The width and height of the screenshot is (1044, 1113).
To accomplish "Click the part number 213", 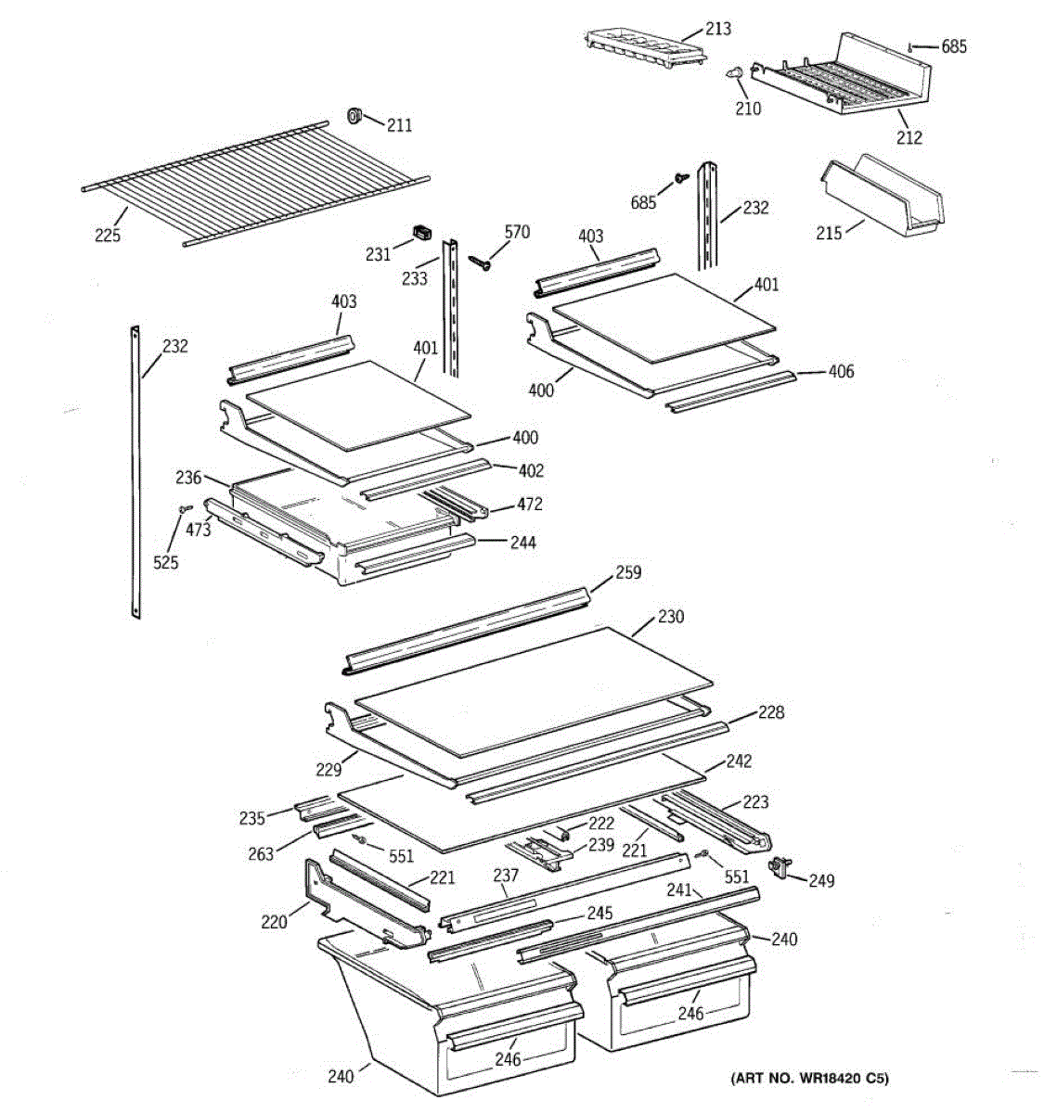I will coord(717,29).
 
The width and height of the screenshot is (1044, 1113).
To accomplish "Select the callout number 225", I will coord(108,236).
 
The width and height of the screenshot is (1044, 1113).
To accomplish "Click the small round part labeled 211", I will coord(354,115).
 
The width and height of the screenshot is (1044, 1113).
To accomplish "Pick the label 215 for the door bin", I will coord(829,232).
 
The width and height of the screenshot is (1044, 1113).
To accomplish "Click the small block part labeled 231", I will coord(423,233).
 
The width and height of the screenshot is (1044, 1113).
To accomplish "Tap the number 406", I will coord(841,372).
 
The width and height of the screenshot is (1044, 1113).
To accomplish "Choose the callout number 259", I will coord(628,572).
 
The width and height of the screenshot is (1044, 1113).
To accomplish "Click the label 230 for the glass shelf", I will coord(671,616).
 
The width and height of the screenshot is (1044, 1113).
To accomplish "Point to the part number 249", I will coord(821,880).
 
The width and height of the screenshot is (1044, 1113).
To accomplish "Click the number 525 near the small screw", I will coord(166,562).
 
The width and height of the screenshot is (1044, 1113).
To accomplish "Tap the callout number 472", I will coord(530,505).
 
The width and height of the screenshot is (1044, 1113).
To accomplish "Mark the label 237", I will coord(506,876).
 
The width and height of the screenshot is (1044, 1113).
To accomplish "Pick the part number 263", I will coord(262,853).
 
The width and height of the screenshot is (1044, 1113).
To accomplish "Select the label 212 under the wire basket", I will coord(909,137).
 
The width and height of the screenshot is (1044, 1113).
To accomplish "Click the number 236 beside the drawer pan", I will coord(188,477).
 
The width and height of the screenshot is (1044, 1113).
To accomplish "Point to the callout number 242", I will coord(739,761).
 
